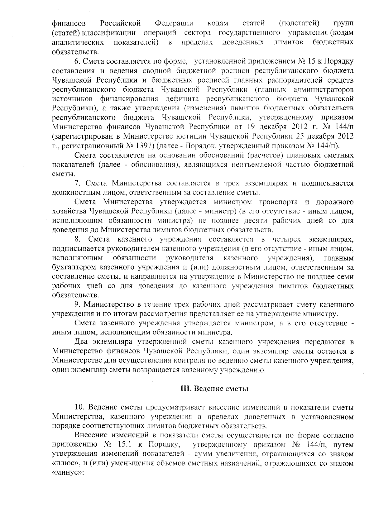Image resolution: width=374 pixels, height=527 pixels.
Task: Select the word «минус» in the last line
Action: [68, 472]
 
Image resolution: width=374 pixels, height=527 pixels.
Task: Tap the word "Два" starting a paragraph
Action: [82, 342]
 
